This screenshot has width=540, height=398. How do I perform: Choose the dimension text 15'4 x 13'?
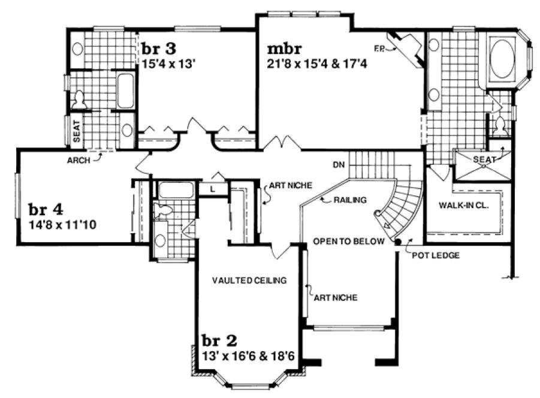[170, 61]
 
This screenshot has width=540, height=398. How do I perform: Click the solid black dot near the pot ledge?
[397, 242]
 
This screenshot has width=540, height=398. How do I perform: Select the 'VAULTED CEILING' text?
[249, 280]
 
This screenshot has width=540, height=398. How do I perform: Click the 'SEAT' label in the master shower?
[483, 159]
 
